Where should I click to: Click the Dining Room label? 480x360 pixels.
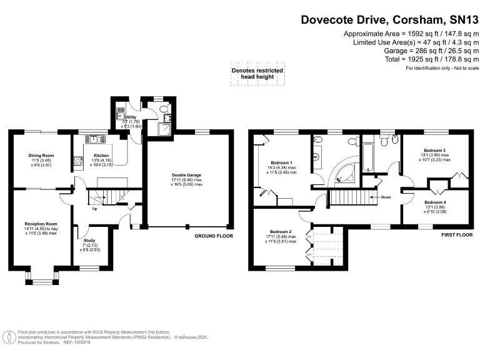40,156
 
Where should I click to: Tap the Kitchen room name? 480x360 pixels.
101,156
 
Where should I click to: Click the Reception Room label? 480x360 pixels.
41,224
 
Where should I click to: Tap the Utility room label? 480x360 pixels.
131,117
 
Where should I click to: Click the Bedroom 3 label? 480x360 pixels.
434,151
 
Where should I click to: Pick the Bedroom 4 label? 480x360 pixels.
434,202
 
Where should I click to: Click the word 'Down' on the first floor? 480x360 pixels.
386,197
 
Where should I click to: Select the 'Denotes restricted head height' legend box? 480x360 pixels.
257,74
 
